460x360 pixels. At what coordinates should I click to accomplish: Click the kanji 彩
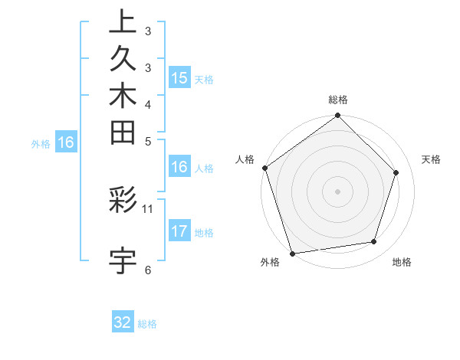(x=123, y=201)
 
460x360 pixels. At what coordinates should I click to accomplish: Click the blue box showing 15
(x=179, y=77)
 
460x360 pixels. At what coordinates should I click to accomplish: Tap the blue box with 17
(x=179, y=232)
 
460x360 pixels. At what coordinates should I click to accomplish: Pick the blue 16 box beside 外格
(x=67, y=142)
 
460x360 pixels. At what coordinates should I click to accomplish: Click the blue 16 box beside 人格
(x=179, y=168)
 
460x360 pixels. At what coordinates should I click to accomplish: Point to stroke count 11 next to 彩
(x=148, y=208)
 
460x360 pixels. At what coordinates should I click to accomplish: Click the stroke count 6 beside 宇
(x=148, y=269)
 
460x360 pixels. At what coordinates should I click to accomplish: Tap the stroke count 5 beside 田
(x=148, y=140)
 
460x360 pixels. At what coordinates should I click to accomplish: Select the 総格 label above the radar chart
(x=338, y=100)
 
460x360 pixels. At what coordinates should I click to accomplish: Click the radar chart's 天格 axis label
(x=432, y=159)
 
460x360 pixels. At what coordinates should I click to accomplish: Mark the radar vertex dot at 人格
(x=265, y=168)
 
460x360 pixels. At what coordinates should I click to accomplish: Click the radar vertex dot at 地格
(x=374, y=241)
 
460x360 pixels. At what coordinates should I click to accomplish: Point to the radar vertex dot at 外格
(x=293, y=253)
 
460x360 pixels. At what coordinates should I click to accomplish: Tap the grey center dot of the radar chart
(x=338, y=191)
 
